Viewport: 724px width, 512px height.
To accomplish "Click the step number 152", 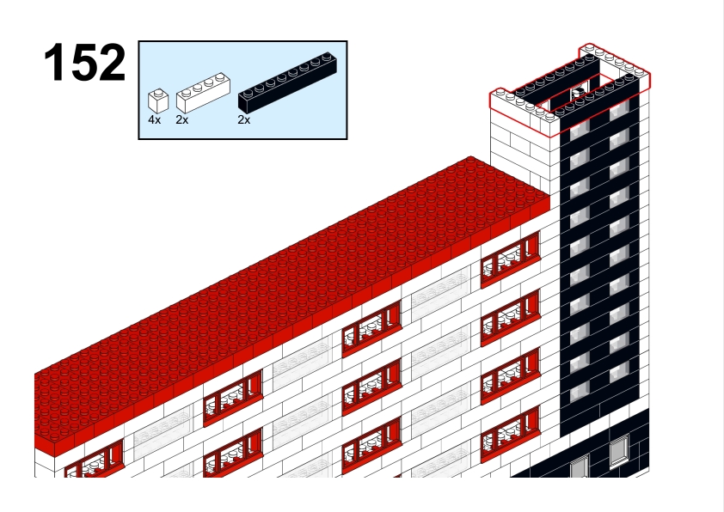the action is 84,62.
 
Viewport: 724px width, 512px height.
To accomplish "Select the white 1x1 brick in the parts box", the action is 158,101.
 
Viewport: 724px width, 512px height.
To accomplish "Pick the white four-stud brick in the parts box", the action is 203,92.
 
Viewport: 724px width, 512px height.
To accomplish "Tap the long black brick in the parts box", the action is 287,82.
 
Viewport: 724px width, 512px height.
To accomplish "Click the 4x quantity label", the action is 154,120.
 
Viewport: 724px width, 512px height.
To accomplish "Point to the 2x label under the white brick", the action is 182,120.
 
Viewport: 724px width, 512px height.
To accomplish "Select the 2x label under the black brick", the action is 244,120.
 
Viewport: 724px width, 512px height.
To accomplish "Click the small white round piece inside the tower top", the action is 577,94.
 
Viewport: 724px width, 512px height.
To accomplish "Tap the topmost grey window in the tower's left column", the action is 580,131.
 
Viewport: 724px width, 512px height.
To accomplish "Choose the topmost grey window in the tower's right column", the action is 619,111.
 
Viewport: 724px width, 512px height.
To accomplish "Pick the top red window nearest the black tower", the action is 511,260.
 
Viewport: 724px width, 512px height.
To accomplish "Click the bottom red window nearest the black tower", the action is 511,435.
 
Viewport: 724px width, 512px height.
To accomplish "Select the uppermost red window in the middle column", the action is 371,328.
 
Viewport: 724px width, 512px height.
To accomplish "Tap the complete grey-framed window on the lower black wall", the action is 619,449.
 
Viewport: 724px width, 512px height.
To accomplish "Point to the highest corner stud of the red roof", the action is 470,160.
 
